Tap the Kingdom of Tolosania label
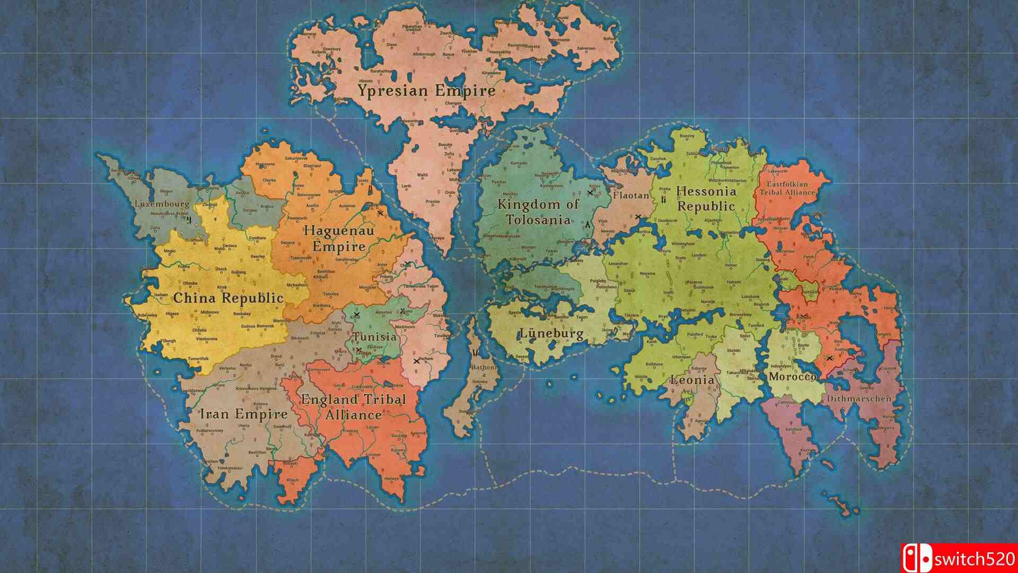click(538, 212)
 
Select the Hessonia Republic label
click(706, 199)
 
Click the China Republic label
click(228, 298)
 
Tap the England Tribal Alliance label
click(353, 407)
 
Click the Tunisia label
click(375, 337)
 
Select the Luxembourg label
click(162, 204)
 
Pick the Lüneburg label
click(551, 334)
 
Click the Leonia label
click(692, 380)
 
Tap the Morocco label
click(792, 377)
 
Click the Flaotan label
click(631, 195)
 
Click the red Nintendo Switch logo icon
click(917, 557)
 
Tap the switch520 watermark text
click(975, 557)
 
